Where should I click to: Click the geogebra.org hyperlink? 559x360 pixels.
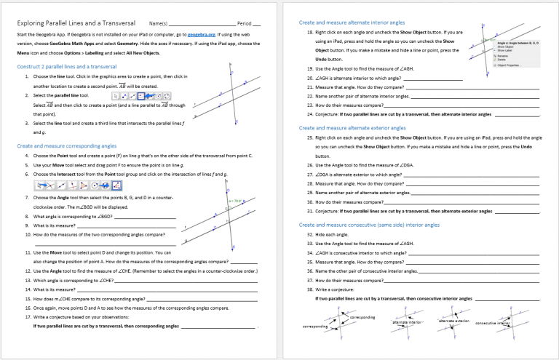coord(202,34)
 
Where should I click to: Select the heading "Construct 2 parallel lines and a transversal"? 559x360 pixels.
coord(67,66)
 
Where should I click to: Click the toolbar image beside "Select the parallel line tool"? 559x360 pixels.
coord(141,95)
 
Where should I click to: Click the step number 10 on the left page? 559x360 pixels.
coord(27,235)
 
